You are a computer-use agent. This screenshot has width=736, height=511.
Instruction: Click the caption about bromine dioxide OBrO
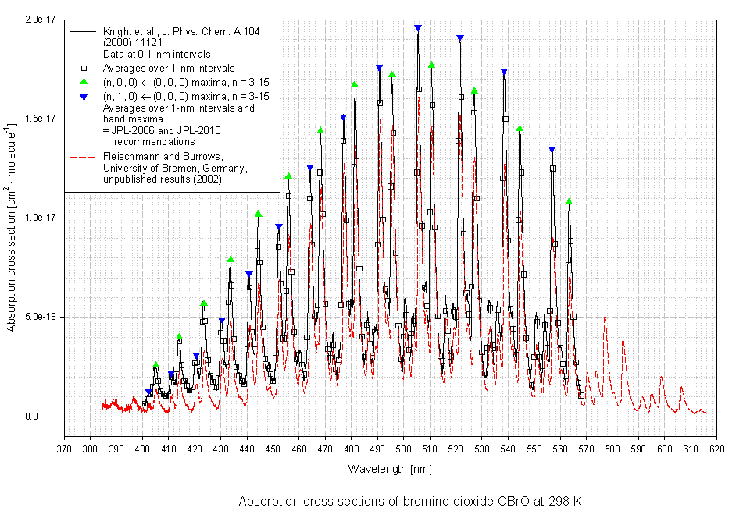point(411,501)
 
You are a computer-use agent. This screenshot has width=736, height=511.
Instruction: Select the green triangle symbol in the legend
point(82,82)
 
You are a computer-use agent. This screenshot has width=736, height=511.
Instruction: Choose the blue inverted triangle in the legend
point(82,95)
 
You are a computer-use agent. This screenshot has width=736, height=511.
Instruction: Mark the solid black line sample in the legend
point(82,31)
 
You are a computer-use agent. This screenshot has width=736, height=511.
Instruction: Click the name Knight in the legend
point(117,31)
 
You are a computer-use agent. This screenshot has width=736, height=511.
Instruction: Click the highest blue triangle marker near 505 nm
point(418,28)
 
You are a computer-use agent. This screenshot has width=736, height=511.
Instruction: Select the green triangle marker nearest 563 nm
point(569,202)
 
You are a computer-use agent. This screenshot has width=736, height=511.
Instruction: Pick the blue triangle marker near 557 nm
point(552,150)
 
